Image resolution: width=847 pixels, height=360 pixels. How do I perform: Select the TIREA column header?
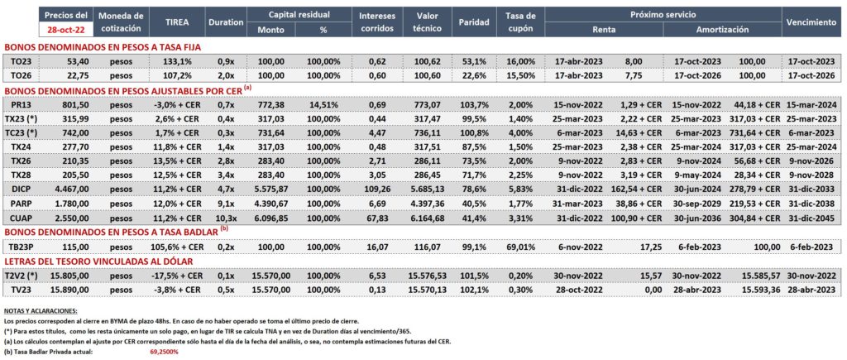177,22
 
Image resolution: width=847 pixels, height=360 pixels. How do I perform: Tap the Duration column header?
225,22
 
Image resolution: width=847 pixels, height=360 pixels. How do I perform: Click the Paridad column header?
474,22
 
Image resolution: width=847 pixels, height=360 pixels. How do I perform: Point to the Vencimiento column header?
811,22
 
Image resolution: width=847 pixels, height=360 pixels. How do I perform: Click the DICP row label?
21,189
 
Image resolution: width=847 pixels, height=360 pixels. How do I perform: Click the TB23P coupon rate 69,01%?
522,247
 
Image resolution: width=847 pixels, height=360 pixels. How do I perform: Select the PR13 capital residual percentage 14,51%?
323,103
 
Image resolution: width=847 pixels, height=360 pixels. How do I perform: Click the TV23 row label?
21,290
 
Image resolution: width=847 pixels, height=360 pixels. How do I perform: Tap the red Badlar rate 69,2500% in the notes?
164,352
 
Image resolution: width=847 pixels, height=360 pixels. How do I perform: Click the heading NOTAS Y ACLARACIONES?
41,311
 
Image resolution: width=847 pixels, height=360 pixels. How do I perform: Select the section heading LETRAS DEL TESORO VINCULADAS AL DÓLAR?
99,262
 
